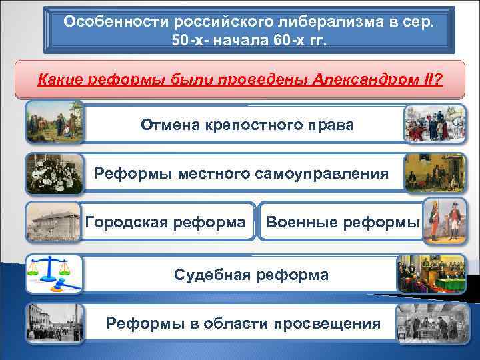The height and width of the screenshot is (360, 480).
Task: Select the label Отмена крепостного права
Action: [x=247, y=125]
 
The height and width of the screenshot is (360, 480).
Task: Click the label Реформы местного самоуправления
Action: [x=241, y=173]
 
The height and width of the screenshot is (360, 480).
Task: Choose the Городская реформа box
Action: [x=165, y=221]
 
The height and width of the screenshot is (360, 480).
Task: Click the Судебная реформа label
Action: [x=251, y=274]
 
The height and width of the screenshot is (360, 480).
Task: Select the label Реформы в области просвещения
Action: [x=244, y=323]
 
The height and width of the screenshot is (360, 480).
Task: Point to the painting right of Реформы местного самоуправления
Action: [x=431, y=173]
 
